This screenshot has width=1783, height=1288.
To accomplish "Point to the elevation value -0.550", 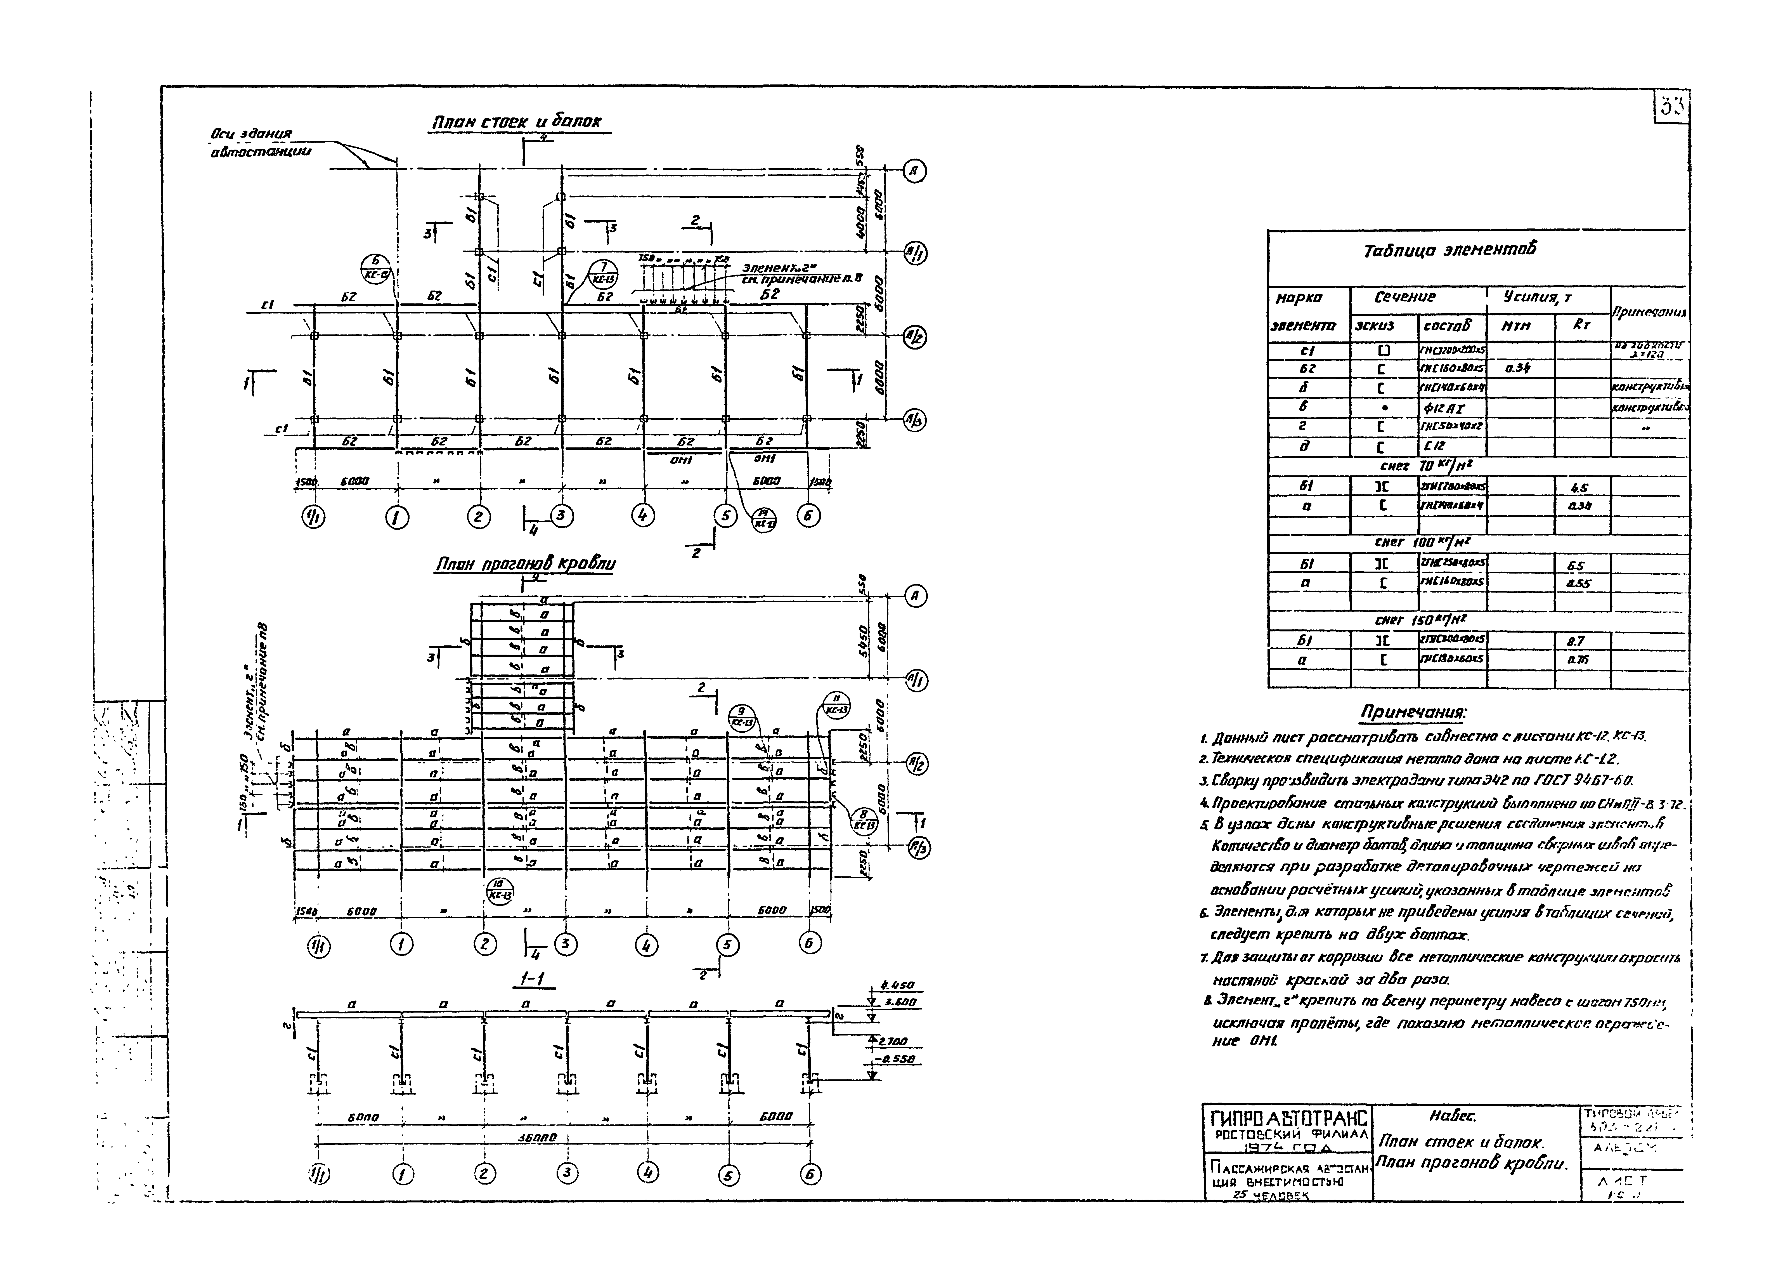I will point(895,1059).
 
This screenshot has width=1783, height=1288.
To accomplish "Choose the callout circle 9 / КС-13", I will point(741,717).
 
